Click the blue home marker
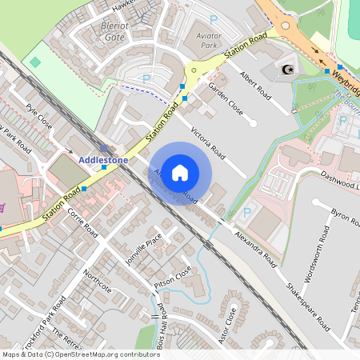180,171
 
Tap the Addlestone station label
103,160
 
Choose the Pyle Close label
38,116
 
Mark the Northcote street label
97,281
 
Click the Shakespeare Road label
308,305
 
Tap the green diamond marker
34,62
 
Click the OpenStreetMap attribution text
80,354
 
